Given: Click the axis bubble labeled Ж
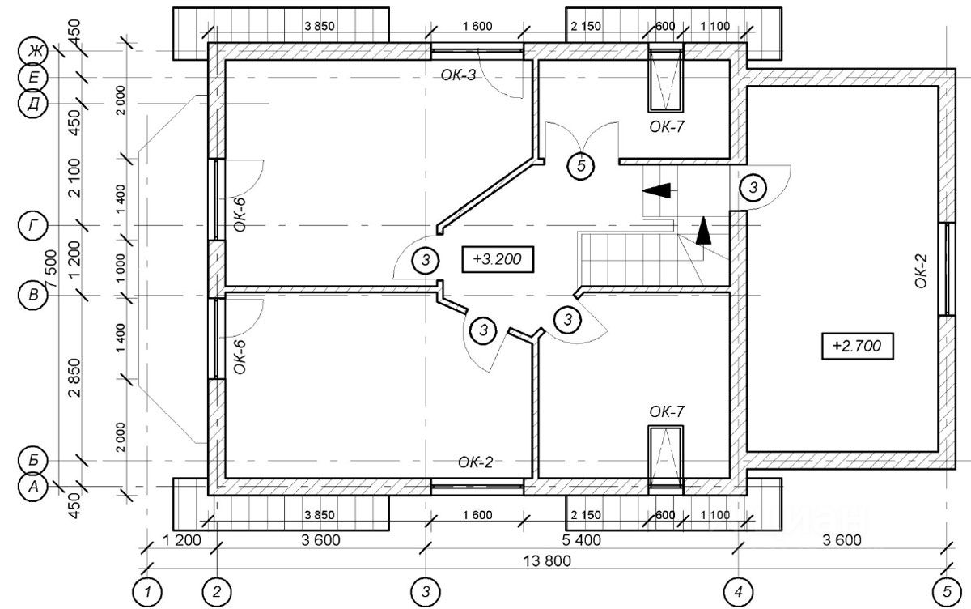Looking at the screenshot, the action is point(33,52).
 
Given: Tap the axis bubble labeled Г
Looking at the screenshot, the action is point(33,226).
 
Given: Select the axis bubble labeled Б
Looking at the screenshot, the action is point(33,460).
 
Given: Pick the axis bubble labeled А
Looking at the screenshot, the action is point(33,486).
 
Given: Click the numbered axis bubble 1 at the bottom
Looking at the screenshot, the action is point(147,592).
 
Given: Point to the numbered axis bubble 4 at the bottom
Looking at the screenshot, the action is point(739,592).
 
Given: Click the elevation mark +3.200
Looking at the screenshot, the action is point(497,259).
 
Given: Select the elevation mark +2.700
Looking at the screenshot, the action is point(858,346).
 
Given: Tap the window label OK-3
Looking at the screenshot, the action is point(458,75).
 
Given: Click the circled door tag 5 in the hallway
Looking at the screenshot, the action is point(581,166).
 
